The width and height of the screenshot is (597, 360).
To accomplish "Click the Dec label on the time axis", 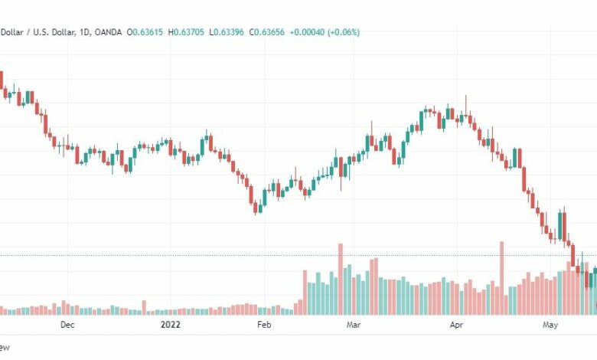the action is point(67,325).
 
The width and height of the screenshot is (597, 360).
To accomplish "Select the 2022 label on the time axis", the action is point(170,325).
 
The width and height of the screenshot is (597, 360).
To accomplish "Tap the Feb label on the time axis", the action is point(264,325).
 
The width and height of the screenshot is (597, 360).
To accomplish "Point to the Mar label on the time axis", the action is point(354,325).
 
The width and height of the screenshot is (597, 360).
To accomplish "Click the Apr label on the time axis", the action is point(456,325).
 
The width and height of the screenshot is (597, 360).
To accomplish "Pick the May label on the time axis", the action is point(550,325).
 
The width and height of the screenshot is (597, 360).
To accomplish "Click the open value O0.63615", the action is point(145,32).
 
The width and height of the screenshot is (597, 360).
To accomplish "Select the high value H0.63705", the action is point(186,32).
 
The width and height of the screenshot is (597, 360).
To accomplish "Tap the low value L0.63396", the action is point(227,32).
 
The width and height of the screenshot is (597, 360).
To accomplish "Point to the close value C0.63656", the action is point(266,32).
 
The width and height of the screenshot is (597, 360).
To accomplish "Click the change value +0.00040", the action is point(307,32).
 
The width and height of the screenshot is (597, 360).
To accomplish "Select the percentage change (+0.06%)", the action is point(343,32).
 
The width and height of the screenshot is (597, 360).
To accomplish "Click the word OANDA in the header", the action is point(108,32).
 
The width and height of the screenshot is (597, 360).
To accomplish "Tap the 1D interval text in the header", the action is point(84,32).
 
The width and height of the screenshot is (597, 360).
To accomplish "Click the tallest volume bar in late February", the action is point(341,280).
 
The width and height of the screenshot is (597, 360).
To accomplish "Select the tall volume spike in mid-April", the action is point(502,278).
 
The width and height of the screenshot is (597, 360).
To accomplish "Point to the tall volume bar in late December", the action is point(144,307).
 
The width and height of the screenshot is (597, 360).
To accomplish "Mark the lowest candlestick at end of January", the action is point(256,208).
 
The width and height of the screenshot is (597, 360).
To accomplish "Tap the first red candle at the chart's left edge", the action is point(1,80).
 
